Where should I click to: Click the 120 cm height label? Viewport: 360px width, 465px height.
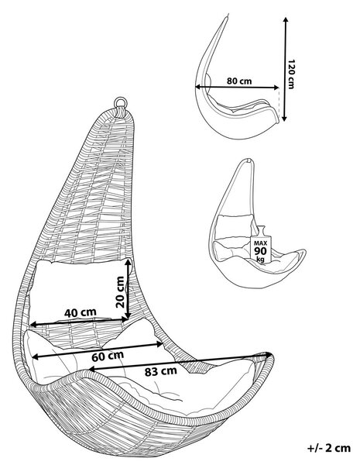pos(291,74)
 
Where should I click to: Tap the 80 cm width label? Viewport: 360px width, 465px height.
pos(239,81)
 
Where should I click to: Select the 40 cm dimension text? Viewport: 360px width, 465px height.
pos(81,312)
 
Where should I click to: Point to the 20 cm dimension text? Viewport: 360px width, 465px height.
pos(120,292)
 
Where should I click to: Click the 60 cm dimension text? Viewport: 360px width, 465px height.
pos(108,356)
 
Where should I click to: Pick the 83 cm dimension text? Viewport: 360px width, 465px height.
pos(161,371)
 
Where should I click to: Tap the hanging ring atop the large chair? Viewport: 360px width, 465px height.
pos(121,102)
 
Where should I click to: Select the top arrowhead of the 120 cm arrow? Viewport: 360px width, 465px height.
pos(286,20)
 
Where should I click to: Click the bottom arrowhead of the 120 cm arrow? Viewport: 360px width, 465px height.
pos(284,118)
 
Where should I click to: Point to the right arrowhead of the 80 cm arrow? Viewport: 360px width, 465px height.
pos(276,87)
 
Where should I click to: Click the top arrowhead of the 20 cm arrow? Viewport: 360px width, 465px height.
pos(129,262)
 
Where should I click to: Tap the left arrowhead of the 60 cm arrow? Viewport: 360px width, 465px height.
pos(36,356)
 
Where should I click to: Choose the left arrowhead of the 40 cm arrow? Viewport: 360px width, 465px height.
pos(33,324)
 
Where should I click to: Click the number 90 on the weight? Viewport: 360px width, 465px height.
pos(261,251)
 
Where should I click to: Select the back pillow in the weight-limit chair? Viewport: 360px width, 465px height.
pos(235,226)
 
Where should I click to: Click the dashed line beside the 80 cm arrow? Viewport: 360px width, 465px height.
pos(279,102)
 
